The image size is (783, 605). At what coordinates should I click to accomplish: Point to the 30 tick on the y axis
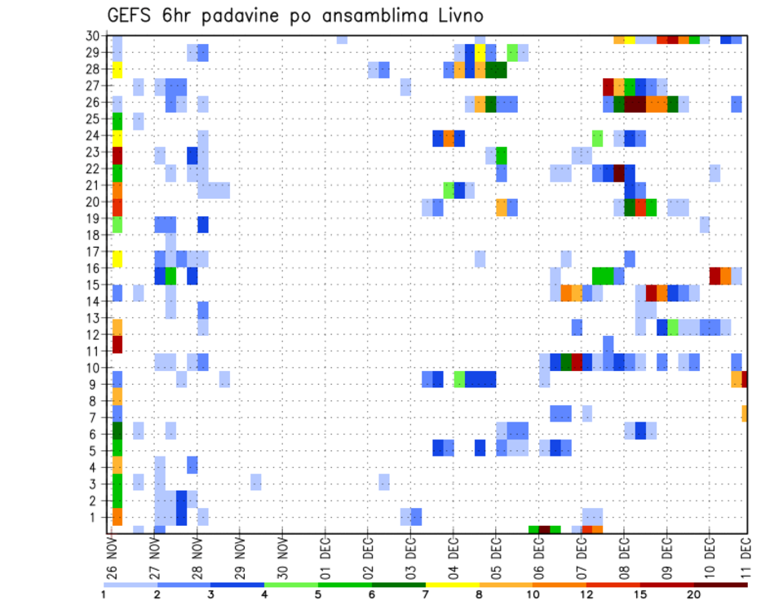[95, 36]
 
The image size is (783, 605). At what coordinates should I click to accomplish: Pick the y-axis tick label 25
[95, 119]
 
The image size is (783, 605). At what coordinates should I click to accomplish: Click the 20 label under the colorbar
[694, 594]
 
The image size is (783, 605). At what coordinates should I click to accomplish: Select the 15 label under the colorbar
[640, 594]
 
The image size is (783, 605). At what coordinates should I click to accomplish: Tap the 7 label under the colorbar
[426, 594]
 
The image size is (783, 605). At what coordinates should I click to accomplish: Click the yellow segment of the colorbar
[453, 585]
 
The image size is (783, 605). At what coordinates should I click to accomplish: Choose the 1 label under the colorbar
[104, 594]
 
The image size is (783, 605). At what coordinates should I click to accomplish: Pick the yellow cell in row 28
[117, 69]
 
